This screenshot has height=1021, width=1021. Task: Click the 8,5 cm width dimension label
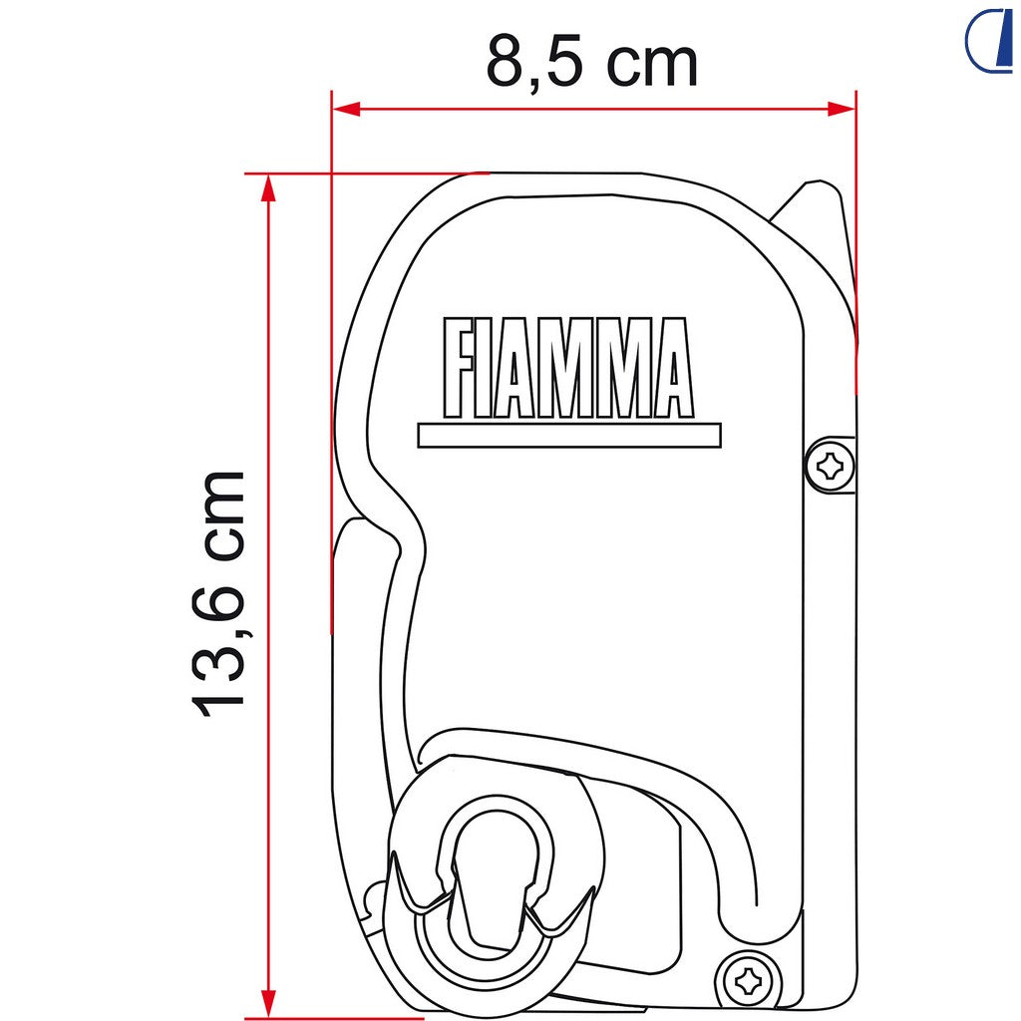pos(592,63)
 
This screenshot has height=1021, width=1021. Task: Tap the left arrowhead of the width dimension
pos(346,109)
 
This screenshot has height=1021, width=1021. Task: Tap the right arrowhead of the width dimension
pos(842,109)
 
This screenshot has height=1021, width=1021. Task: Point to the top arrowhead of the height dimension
pos(268,188)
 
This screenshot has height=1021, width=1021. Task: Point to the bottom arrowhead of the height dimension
pos(268,1004)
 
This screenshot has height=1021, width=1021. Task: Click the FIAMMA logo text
pos(567,368)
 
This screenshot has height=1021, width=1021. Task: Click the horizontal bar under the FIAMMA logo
pos(569,436)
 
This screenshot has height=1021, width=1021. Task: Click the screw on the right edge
pos(830,466)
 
